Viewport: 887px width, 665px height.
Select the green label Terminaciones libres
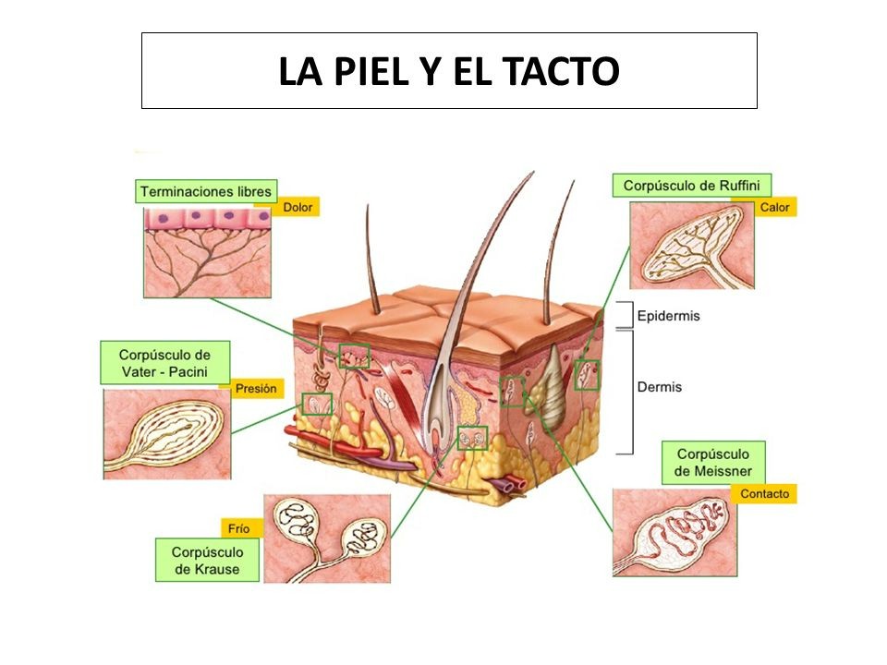tap(206, 191)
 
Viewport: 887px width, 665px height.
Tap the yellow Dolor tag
tap(298, 207)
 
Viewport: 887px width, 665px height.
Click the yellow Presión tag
tap(256, 389)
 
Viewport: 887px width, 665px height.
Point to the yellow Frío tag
tap(238, 528)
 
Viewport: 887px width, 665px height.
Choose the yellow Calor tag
tap(774, 207)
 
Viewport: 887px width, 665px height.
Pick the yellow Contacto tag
tap(764, 493)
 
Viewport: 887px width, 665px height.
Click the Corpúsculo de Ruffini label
tap(691, 186)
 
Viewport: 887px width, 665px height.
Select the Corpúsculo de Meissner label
tap(712, 463)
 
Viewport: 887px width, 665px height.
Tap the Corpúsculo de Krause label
tap(207, 560)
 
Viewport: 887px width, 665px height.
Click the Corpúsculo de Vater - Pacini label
tap(165, 363)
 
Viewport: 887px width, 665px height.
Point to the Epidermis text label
tap(668, 316)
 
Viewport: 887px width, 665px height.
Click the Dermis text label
tap(659, 387)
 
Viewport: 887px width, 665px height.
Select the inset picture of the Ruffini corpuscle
tap(692, 246)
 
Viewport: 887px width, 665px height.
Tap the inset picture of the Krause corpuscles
tap(327, 538)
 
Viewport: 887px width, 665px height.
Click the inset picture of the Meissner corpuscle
tap(674, 533)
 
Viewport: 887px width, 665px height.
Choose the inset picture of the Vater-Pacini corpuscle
tap(167, 434)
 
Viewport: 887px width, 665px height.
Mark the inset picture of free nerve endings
tap(208, 252)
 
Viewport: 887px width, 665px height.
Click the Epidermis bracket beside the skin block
tap(625, 314)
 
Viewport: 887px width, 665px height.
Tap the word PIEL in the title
tap(371, 71)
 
